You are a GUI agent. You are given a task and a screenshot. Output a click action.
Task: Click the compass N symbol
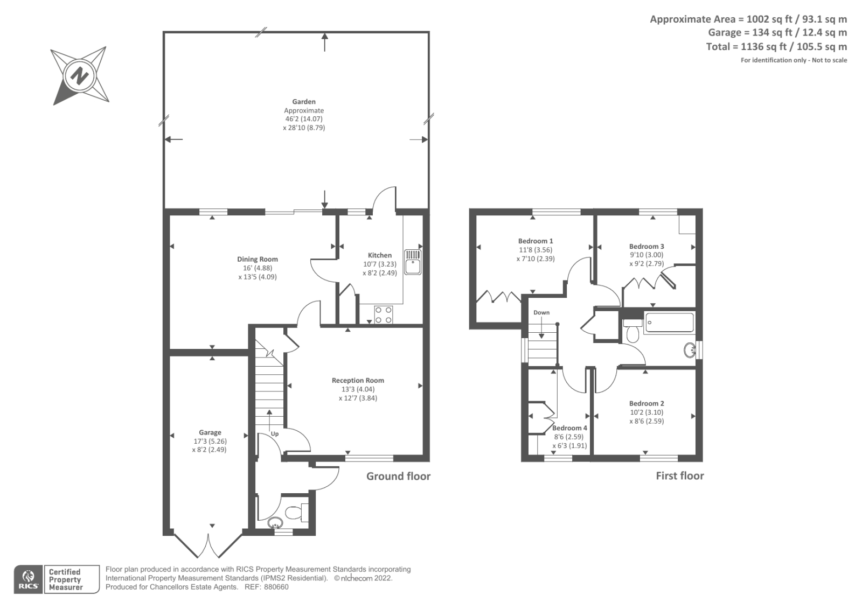click(x=80, y=75)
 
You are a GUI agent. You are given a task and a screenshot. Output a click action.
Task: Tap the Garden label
click(x=304, y=101)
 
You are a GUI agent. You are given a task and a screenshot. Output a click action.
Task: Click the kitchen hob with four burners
click(x=383, y=314)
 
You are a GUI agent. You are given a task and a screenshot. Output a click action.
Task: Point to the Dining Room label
click(x=258, y=259)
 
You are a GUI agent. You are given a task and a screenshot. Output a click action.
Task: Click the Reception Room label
click(x=358, y=380)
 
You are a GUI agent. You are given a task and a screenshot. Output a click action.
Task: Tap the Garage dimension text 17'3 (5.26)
click(x=210, y=441)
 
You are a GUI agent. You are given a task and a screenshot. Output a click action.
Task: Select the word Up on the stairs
click(x=275, y=433)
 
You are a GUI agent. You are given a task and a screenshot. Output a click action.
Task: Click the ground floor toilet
click(x=296, y=512)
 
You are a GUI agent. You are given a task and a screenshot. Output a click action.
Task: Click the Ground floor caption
click(x=398, y=476)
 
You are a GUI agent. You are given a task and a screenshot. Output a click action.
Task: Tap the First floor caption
click(x=679, y=475)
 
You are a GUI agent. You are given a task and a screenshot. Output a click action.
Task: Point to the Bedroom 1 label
click(x=536, y=241)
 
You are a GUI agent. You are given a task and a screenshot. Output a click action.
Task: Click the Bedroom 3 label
click(x=646, y=246)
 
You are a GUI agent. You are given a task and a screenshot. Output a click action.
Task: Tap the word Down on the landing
click(x=541, y=312)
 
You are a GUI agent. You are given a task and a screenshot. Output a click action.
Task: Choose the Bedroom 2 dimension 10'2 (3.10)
click(x=646, y=412)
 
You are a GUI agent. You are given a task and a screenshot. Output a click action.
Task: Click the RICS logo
click(x=28, y=579)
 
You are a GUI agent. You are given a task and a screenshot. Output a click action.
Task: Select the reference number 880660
click(x=276, y=587)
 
